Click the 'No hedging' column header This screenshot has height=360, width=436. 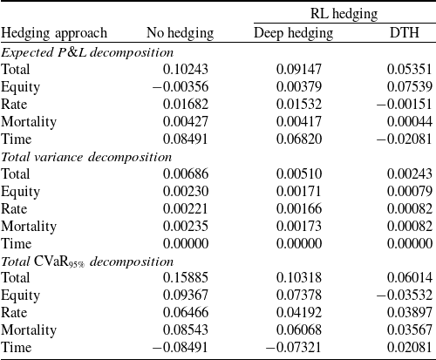[x=180, y=33]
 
